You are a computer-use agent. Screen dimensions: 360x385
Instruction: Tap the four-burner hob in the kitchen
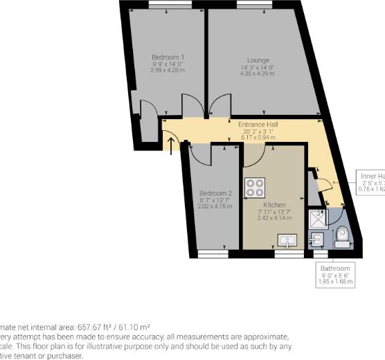(256, 186)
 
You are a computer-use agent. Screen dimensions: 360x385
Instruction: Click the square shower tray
(318, 218)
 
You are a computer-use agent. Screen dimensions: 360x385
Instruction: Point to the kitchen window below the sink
(284, 255)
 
